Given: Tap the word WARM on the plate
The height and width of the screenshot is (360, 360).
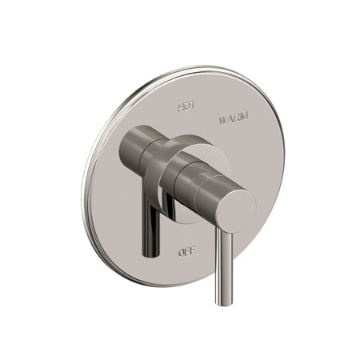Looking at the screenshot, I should pos(233,117).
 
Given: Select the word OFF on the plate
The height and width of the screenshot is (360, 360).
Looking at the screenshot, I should pos(186,252).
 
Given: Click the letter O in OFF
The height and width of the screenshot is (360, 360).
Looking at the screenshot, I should pos(180,252).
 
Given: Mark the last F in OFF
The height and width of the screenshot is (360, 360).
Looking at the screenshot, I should pos(192,252).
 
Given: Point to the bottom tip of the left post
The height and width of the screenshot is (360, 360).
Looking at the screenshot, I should pos(150,254).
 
